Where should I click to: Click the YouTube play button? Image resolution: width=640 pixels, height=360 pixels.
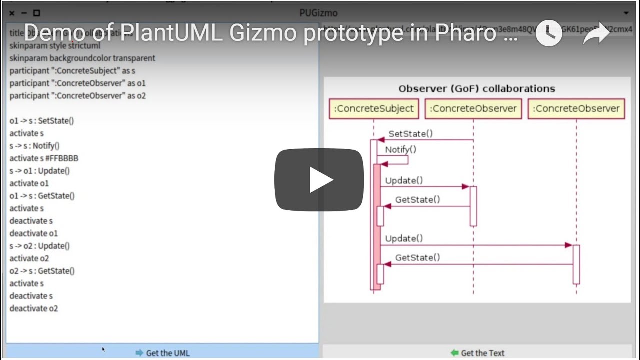pyautogui.click(x=319, y=180)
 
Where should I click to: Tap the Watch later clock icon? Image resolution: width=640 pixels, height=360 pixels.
pyautogui.click(x=549, y=33)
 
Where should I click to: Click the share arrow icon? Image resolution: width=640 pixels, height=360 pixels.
pyautogui.click(x=596, y=33)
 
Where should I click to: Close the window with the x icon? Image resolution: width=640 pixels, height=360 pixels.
pyautogui.click(x=12, y=13)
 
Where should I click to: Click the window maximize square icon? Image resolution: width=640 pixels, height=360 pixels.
pyautogui.click(x=36, y=13)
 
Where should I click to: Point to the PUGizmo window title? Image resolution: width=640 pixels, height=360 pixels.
pyautogui.click(x=318, y=13)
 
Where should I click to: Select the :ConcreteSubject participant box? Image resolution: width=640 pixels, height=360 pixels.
pyautogui.click(x=373, y=109)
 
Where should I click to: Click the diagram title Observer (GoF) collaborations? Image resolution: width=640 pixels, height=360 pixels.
pyautogui.click(x=476, y=89)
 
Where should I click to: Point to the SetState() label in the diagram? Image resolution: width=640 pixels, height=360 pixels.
pyautogui.click(x=410, y=134)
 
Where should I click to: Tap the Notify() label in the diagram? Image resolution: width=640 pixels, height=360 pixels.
pyautogui.click(x=400, y=149)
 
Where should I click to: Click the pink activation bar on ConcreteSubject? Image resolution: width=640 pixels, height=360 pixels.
pyautogui.click(x=377, y=225)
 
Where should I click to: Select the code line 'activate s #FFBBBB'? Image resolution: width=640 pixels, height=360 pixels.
pyautogui.click(x=44, y=158)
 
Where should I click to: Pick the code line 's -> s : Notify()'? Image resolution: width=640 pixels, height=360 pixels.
pyautogui.click(x=34, y=146)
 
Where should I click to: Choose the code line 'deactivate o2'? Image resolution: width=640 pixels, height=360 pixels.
pyautogui.click(x=34, y=308)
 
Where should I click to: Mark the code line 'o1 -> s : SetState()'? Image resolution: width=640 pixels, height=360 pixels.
pyautogui.click(x=42, y=121)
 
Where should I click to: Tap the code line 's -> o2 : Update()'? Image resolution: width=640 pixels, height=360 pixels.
pyautogui.click(x=40, y=246)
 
